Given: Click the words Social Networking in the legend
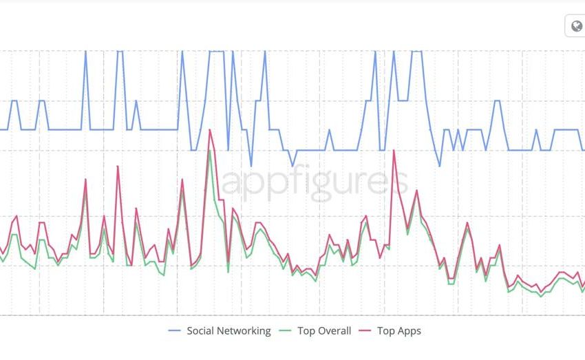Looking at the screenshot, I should pos(228,331).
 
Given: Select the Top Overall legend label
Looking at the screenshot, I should pos(324,331).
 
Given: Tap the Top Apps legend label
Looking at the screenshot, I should pos(398,331).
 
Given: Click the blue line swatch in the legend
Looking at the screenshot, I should pos(175,331).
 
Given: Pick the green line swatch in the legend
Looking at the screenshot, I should pos(286,331).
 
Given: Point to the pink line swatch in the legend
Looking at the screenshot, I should pos(365,331).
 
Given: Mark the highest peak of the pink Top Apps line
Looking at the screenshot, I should pos(209,129).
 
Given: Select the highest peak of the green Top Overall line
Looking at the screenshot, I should pos(209,151).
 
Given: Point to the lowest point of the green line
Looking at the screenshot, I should pos(541,296).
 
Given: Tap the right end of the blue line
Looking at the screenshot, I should pos(584,149).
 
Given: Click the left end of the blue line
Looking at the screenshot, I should pos(1,129).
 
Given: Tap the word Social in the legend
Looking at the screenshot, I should pos(200,331).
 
